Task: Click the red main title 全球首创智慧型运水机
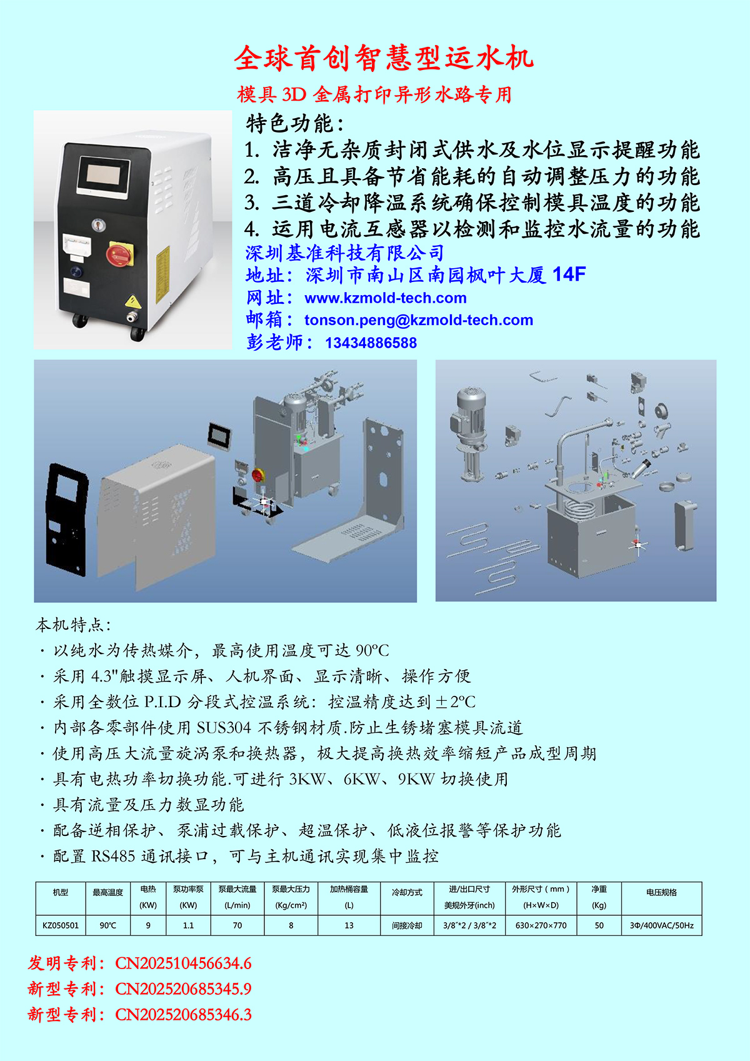click(384, 58)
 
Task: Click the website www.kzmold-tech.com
click(385, 298)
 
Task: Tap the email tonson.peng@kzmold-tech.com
click(418, 320)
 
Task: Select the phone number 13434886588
click(371, 343)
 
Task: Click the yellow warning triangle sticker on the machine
click(133, 301)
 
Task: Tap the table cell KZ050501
click(61, 925)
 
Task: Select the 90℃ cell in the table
click(107, 925)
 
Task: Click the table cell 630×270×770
click(541, 925)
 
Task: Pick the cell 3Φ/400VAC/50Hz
click(661, 925)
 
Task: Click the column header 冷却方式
click(407, 893)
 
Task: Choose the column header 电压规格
click(661, 893)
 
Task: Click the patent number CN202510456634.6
click(183, 963)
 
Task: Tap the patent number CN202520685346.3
click(183, 1014)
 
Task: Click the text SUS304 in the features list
click(224, 728)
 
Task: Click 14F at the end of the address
click(569, 274)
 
